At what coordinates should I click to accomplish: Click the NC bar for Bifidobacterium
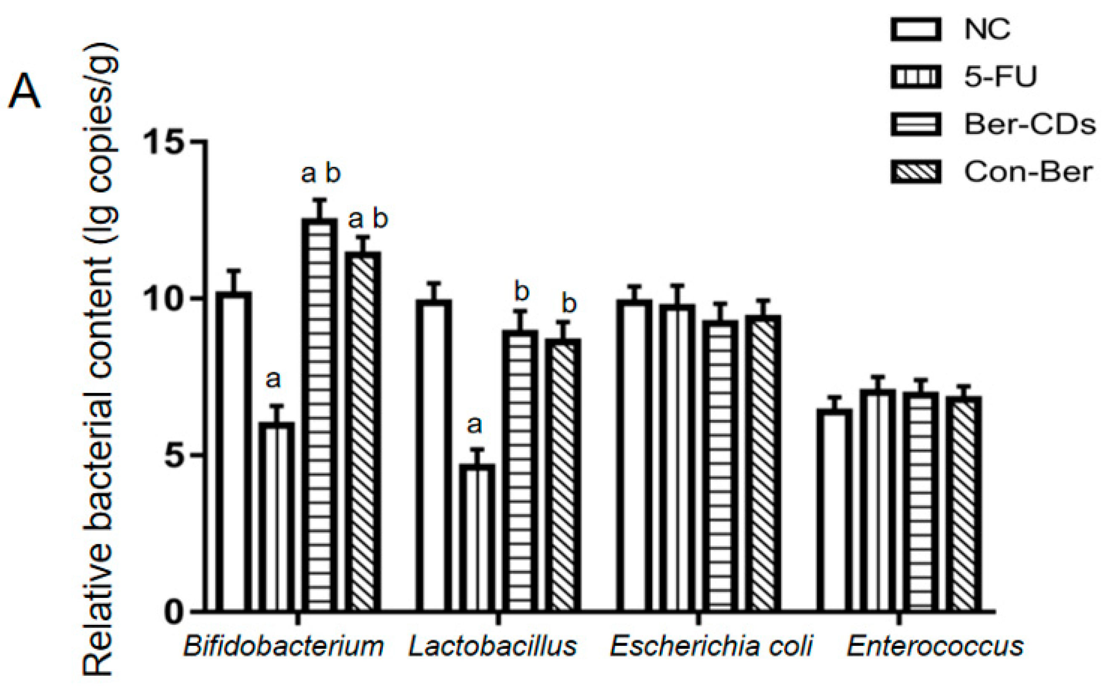(233, 453)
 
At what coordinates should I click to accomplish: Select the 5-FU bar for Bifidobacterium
(276, 517)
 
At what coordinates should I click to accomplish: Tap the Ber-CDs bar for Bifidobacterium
(319, 416)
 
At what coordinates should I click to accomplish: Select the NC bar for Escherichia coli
(634, 455)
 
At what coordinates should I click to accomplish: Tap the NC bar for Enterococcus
(834, 510)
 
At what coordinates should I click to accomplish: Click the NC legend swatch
(915, 30)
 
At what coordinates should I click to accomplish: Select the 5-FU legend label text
(1000, 77)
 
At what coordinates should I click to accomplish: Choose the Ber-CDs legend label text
(1029, 124)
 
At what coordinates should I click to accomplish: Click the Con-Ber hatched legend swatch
(915, 172)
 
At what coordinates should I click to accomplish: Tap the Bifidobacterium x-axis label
(284, 646)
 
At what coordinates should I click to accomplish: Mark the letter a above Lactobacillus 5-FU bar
(475, 424)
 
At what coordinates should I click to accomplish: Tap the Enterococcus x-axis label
(935, 646)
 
